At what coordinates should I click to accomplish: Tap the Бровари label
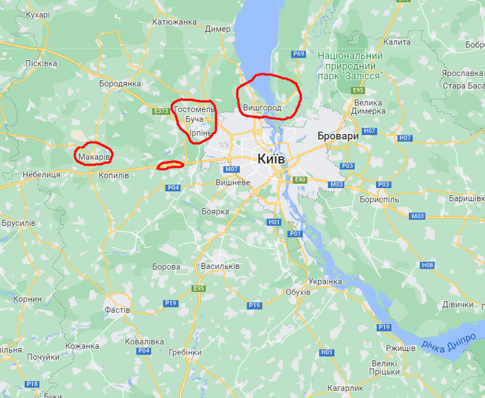click(x=338, y=136)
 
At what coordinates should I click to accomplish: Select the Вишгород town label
click(x=262, y=107)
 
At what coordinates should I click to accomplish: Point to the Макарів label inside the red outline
click(x=93, y=157)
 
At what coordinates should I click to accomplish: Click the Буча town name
click(x=195, y=120)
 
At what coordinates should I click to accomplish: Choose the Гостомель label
click(x=194, y=109)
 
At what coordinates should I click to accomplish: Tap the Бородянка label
click(x=120, y=84)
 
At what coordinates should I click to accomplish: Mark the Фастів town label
click(x=117, y=310)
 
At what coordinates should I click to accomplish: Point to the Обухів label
click(x=298, y=291)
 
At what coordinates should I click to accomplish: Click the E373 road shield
click(x=161, y=111)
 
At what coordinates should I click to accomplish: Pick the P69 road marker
click(x=300, y=54)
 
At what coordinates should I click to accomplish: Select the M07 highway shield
click(x=231, y=169)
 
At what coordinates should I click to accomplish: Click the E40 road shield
click(x=301, y=179)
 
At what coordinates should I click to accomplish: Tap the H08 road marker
click(x=427, y=265)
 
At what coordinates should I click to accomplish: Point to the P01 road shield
click(x=295, y=234)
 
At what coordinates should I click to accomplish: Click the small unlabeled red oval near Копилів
click(x=170, y=165)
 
